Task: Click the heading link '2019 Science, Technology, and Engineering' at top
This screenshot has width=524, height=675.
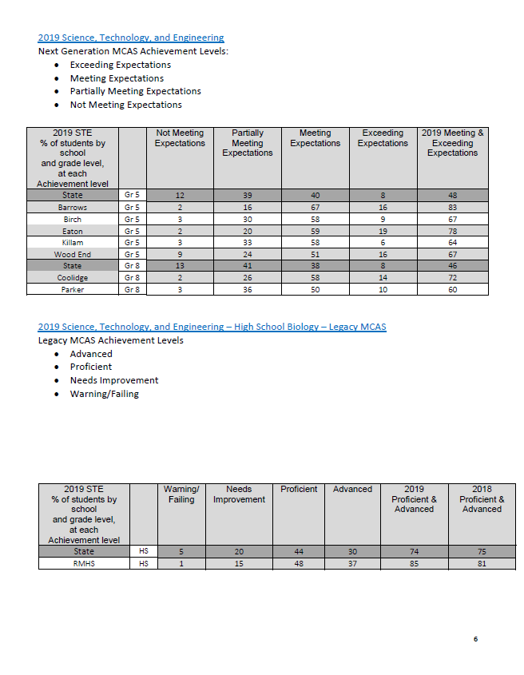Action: coord(131,38)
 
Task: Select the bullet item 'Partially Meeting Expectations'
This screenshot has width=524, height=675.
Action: coord(135,91)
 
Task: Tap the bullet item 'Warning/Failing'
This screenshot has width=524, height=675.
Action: coord(104,394)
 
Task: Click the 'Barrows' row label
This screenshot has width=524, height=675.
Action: coord(73,208)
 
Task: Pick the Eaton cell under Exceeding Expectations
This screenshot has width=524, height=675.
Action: coord(383,232)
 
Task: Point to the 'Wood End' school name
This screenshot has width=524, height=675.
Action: coord(73,255)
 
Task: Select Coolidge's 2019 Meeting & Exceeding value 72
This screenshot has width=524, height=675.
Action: coord(452,278)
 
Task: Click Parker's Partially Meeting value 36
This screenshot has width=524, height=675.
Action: coord(247,290)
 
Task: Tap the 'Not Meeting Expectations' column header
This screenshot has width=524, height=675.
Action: coord(179,138)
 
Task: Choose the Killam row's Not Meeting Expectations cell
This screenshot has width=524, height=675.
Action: coord(179,243)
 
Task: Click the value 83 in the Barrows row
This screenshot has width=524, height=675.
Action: coord(452,208)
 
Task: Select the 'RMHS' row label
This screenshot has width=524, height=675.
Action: coord(84,563)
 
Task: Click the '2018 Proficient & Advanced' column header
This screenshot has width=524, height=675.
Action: coord(482,499)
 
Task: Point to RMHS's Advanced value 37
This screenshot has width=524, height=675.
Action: coord(352,563)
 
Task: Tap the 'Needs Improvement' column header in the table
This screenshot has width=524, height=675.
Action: coord(239,494)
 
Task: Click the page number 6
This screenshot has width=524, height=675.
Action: coord(475,638)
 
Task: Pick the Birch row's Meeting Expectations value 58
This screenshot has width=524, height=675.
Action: coord(315,220)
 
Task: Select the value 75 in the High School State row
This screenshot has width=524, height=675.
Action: coord(482,551)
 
